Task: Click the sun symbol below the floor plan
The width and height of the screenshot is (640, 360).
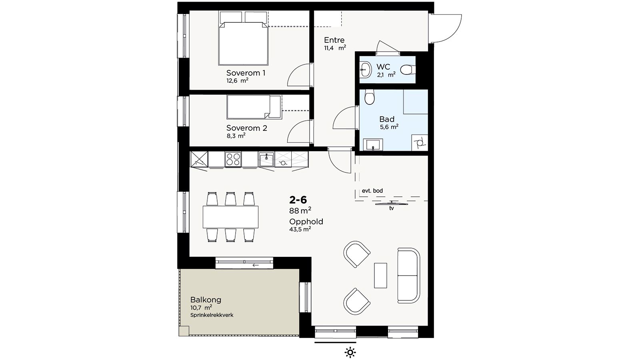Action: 350,352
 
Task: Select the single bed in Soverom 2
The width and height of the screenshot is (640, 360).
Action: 254,107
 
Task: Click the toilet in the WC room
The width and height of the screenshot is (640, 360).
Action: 408,70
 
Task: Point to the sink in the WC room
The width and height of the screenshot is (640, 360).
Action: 365,70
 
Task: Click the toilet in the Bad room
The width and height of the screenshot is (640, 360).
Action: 370,97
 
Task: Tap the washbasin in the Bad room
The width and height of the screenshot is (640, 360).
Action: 373,144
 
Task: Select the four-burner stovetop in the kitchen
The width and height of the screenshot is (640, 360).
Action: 233,160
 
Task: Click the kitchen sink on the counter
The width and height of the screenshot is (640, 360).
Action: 266,160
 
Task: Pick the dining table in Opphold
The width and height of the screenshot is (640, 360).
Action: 230,217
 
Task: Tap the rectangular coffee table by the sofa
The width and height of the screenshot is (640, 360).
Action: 380,276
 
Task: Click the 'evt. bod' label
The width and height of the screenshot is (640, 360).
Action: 372,190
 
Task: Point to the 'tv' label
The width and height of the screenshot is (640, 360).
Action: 392,208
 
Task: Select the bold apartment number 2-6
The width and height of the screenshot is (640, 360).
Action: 298,200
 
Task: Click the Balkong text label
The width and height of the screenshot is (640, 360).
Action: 206,300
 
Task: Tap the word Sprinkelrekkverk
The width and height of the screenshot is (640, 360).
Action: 212,315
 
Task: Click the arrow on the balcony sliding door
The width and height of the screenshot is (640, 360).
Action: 256,265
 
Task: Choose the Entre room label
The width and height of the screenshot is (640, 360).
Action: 334,40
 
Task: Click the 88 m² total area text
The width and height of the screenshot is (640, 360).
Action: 300,210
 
